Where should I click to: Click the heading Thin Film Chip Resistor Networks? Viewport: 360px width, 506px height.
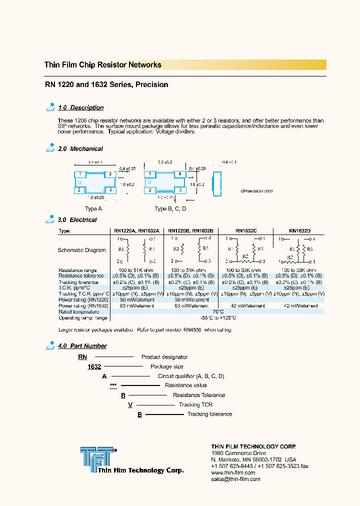point(102,65)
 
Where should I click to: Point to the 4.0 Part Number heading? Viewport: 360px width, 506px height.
point(82,346)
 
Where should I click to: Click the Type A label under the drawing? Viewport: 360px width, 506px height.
point(93,208)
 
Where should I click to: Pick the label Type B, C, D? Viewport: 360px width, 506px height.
point(170,208)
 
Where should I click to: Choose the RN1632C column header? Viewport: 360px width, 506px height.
point(245,231)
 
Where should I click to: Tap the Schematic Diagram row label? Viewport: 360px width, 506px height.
point(81,250)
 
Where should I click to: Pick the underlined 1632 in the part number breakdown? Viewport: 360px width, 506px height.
point(94,366)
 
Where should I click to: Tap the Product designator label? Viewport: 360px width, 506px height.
point(164,357)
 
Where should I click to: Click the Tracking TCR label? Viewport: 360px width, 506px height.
point(195,404)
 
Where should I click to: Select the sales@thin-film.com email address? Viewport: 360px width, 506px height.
point(235,479)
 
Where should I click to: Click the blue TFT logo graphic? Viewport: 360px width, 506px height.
point(97,458)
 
